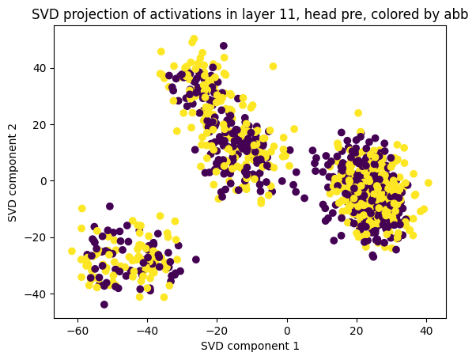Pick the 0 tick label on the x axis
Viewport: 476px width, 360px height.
[287, 331]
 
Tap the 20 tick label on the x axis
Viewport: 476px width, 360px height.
[357, 331]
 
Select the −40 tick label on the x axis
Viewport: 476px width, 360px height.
[147, 331]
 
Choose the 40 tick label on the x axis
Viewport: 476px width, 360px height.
[426, 331]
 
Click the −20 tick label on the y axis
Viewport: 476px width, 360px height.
[36, 237]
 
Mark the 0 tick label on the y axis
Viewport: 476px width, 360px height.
[43, 181]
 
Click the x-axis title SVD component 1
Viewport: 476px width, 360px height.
[250, 346]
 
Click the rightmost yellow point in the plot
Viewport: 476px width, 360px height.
[428, 183]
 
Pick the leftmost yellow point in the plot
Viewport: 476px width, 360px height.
[72, 251]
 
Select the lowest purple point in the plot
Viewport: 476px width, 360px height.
[104, 305]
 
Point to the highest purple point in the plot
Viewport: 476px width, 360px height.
[224, 46]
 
